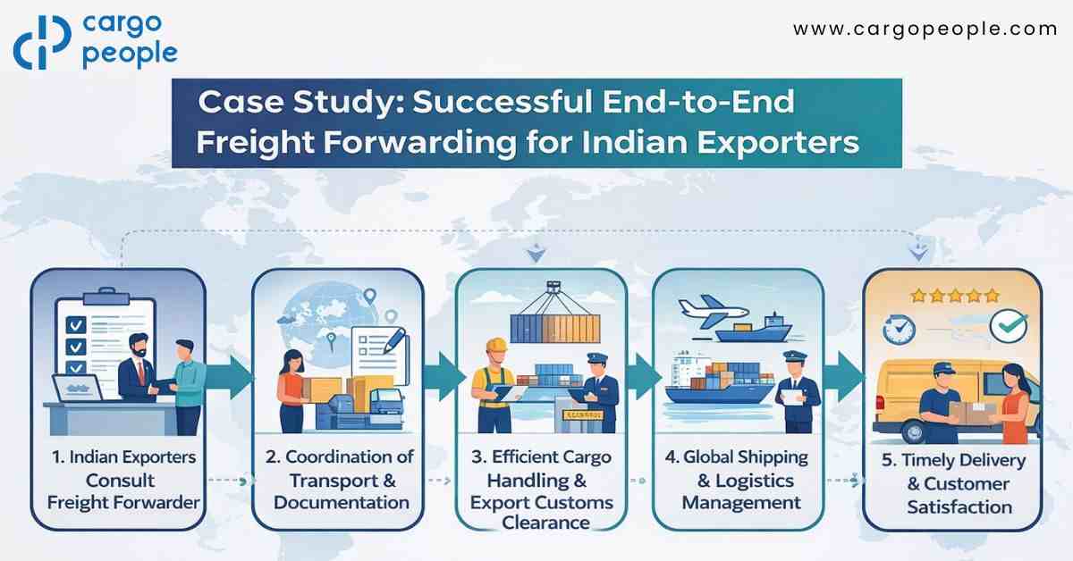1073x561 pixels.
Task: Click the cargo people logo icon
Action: [42, 42]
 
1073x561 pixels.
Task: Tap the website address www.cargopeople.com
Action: [925, 29]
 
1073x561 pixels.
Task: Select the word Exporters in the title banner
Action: [778, 143]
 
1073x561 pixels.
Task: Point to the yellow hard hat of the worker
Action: [497, 345]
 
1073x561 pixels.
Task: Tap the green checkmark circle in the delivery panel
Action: [1009, 326]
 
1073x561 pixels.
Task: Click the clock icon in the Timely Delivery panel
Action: [899, 330]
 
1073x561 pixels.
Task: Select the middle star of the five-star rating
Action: [955, 296]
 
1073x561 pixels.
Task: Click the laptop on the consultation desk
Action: [78, 388]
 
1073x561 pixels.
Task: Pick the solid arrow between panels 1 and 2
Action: [229, 378]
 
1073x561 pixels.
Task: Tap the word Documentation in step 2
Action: [342, 503]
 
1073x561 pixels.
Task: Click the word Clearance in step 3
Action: [545, 523]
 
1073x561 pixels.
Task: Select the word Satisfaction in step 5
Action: [959, 507]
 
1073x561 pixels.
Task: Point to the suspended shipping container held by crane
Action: [555, 329]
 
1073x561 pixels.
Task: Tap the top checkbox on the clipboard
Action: [75, 325]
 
